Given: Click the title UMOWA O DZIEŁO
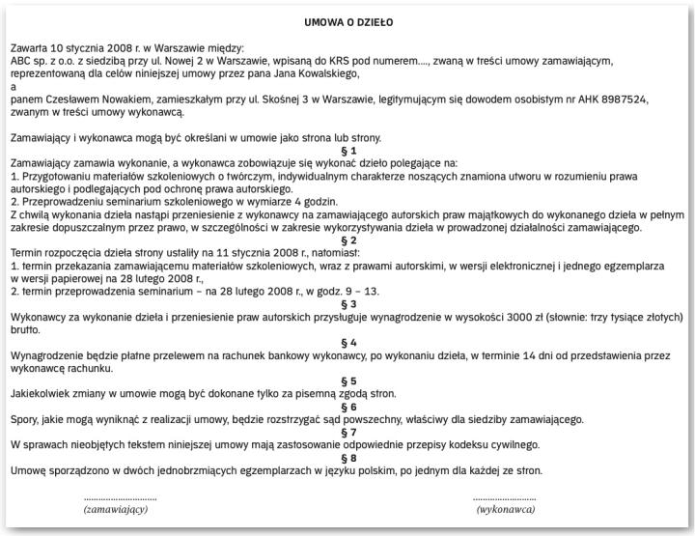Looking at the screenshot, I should pyautogui.click(x=348, y=20).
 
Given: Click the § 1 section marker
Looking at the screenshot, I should pyautogui.click(x=348, y=151).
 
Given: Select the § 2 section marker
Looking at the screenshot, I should pyautogui.click(x=348, y=240).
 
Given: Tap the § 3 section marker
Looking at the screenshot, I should pyautogui.click(x=348, y=303).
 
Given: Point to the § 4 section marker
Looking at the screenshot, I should pyautogui.click(x=348, y=343).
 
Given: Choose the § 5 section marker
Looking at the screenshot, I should pyautogui.click(x=348, y=381).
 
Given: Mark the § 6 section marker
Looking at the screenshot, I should pyautogui.click(x=348, y=407).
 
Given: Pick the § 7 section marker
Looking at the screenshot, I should pyautogui.click(x=348, y=433).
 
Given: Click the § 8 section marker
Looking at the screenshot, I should pyautogui.click(x=348, y=458).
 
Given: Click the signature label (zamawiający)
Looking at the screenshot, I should pyautogui.click(x=115, y=509).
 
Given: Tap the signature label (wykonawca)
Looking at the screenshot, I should pyautogui.click(x=506, y=509).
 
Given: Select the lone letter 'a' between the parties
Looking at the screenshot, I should pyautogui.click(x=12, y=87).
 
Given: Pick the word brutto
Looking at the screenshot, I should pyautogui.click(x=26, y=328).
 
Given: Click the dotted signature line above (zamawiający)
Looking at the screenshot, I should pyautogui.click(x=115, y=497).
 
